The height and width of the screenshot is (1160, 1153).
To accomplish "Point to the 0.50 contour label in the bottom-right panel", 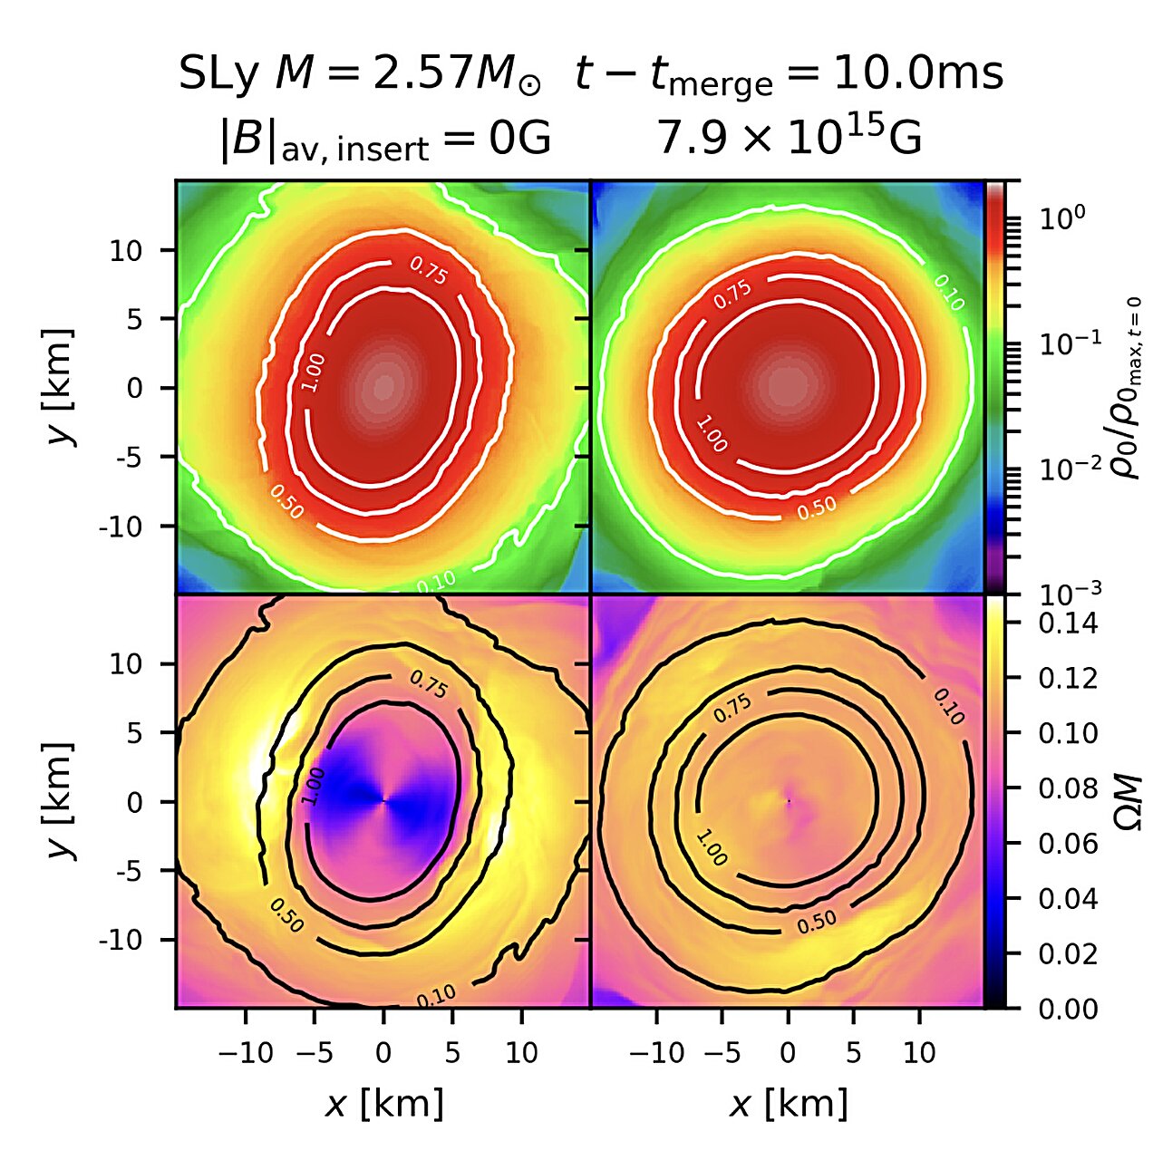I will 817,922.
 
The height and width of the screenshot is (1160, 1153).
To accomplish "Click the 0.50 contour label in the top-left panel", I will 286,503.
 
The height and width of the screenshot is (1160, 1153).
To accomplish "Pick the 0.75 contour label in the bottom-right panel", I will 732,709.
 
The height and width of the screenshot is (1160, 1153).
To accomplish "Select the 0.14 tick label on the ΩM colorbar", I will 1067,623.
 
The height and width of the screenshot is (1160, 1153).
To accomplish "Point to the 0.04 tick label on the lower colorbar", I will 1067,899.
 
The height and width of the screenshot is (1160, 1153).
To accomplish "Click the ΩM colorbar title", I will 1128,801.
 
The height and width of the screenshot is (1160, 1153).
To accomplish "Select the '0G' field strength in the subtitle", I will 523,140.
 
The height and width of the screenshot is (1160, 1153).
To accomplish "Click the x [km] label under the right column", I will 789,1104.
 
